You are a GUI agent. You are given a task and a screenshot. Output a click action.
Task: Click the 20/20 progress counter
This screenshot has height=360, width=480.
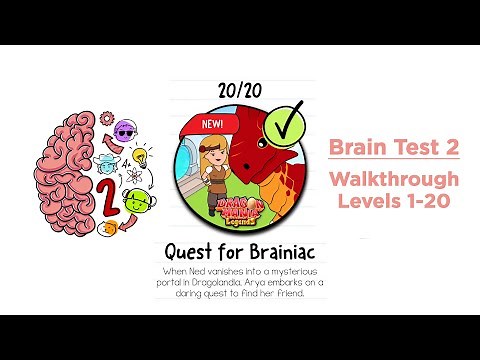pyautogui.click(x=239, y=91)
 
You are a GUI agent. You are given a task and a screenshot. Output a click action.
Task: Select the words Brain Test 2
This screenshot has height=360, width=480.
pyautogui.click(x=394, y=147)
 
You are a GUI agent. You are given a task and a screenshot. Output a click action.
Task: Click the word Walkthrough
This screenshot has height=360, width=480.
pyautogui.click(x=394, y=179)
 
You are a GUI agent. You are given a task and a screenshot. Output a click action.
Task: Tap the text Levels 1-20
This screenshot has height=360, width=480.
pyautogui.click(x=394, y=201)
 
